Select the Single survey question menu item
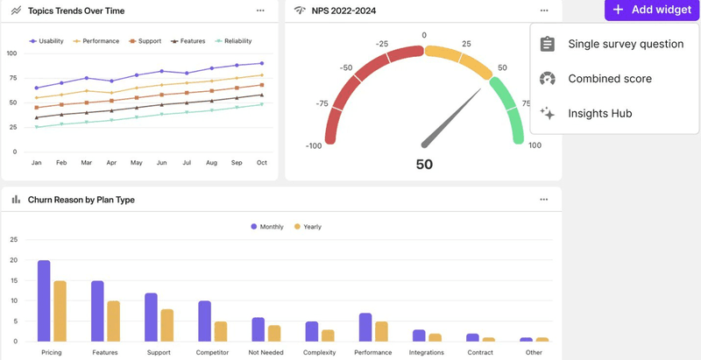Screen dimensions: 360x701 625,44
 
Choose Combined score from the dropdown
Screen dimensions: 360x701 609,79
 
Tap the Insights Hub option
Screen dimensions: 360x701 600,113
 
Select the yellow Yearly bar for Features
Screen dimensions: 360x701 114,321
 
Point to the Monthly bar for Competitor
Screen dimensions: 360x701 204,321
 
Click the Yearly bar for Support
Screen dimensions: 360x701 167,324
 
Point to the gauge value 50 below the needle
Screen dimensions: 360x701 424,165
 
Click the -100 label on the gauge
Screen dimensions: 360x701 315,145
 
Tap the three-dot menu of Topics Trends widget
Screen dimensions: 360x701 260,11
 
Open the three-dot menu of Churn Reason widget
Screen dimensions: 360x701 544,200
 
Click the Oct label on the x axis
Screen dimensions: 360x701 261,163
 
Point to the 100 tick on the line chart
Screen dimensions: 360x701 11,53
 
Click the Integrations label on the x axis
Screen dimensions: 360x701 427,353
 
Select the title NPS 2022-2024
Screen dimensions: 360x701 344,11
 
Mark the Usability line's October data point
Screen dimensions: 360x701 261,63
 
